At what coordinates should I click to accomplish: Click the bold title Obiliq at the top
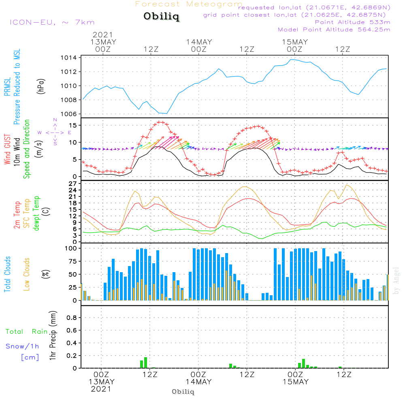tap(161, 17)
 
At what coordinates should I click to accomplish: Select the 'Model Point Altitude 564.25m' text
tap(334, 30)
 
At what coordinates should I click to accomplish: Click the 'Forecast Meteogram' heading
tap(189, 4)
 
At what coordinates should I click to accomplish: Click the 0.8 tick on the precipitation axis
tap(72, 318)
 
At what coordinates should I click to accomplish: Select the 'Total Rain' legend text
tap(26, 332)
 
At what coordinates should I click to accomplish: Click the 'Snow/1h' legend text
tap(22, 346)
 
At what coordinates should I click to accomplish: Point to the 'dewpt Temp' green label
tap(37, 213)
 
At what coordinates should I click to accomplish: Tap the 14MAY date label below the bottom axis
tap(198, 382)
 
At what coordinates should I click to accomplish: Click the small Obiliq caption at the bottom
tap(183, 392)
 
